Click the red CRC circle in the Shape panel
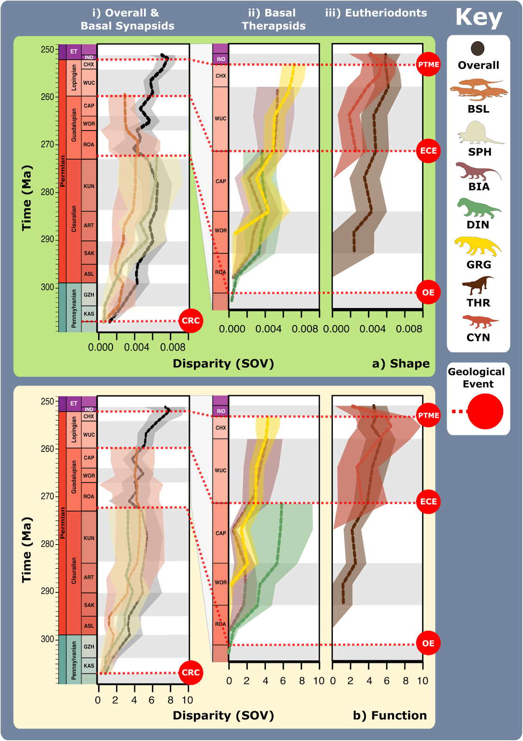191,320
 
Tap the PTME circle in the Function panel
428,415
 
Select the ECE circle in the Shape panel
428,151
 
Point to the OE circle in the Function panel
428,643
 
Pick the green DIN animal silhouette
478,208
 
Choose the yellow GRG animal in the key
478,246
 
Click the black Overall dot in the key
478,48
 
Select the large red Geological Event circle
485,411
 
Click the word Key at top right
479,18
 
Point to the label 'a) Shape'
401,364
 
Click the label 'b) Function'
390,716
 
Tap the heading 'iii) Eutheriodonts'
376,13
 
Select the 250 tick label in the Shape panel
48,50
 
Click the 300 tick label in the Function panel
48,639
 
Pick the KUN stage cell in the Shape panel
89,186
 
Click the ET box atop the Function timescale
74,403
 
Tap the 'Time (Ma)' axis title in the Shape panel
27,198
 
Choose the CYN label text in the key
478,338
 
